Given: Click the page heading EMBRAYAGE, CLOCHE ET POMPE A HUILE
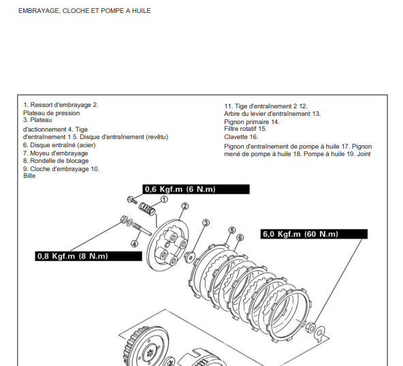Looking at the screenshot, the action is pos(84,11).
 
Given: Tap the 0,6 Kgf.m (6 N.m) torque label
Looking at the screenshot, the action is pos(196,189).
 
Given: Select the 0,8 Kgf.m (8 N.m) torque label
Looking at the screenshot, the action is pos(88,256).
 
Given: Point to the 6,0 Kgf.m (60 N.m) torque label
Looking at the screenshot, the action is pos(314,234).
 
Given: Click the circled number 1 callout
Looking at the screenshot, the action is pos(164,199).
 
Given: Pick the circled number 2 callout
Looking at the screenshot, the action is pos(184,206).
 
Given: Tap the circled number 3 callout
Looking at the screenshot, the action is pos(206,223).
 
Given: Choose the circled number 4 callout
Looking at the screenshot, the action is pos(134,243).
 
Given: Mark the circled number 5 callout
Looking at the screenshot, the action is pos(232,230).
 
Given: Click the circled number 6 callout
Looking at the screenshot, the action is pos(240,238).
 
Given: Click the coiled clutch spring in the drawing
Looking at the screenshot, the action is pos(147,209).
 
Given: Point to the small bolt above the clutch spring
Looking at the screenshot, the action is pos(132,200).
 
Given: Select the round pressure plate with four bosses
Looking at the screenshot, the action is pos(168,245).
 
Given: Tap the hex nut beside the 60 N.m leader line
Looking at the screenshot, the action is pos(310,327).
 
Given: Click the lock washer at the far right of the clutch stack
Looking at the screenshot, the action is pos(320,334).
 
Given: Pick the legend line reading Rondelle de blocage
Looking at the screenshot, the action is pos(56,161).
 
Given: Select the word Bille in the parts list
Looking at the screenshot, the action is pos(29,176).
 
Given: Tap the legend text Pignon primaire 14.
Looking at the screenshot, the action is pos(252,122).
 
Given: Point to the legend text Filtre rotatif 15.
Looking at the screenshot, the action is pos(246,129).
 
